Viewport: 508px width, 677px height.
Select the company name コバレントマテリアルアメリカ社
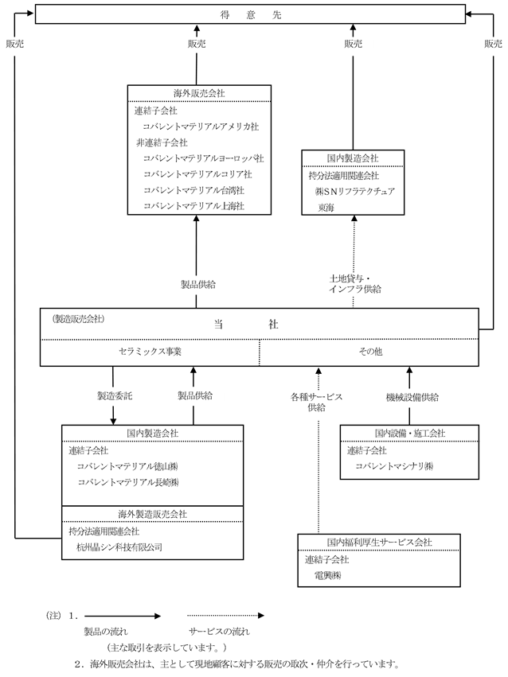point(201,127)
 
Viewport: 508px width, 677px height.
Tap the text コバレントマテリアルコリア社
point(197,174)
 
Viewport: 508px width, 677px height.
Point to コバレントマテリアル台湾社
point(194,190)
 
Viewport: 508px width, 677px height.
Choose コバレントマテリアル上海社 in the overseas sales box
point(194,206)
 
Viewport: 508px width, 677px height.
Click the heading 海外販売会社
point(199,93)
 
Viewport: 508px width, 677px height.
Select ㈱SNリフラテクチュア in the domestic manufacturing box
point(354,191)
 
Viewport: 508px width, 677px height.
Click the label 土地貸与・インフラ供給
point(354,284)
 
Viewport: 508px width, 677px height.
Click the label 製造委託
point(115,395)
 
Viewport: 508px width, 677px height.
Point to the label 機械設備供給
point(412,397)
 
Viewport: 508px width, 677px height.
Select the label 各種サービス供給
point(317,402)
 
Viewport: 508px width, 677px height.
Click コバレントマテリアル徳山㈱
point(127,467)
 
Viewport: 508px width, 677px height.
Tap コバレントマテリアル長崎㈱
point(128,482)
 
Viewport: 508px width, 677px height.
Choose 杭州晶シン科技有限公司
point(119,547)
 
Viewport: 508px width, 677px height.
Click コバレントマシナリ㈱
point(394,466)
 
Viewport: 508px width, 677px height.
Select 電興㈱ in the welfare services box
point(327,575)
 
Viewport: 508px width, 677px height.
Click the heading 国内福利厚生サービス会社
point(379,543)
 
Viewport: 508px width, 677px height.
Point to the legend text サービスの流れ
point(219,632)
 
